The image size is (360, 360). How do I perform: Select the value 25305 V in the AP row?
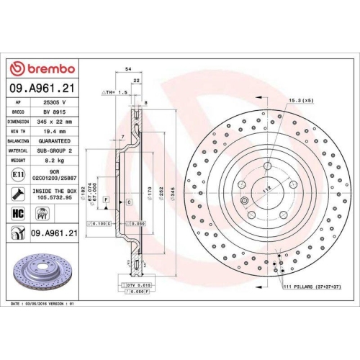(55, 102)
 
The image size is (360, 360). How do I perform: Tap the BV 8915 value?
(55, 112)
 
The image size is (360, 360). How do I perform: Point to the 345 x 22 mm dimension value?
(55, 122)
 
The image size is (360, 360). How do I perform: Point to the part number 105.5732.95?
(55, 197)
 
